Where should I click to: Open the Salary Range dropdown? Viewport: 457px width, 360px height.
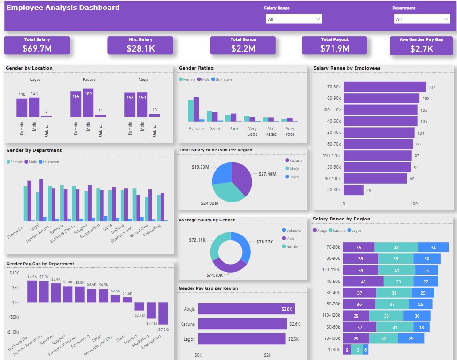[294, 19]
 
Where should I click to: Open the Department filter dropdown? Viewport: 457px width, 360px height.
[422, 19]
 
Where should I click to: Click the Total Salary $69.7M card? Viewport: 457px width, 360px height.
[37, 45]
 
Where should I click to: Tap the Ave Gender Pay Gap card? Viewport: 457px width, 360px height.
[421, 46]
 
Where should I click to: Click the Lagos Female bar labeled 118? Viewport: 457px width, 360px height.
[22, 108]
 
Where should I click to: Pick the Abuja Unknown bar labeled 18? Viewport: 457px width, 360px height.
[155, 115]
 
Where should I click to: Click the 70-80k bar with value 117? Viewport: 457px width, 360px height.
[384, 87]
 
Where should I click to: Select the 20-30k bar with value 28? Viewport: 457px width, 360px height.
[353, 190]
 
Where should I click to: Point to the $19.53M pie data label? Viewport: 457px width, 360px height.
[200, 167]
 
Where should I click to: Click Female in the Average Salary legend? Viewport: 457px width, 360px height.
[292, 246]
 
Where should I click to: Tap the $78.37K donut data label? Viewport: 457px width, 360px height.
[264, 242]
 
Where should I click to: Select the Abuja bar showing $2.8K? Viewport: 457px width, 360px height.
[246, 309]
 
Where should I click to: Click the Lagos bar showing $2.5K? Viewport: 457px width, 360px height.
[241, 339]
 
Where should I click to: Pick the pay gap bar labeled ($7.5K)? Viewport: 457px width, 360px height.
[163, 320]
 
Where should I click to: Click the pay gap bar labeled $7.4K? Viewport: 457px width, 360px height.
[32, 291]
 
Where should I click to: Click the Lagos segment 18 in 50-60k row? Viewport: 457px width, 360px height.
[421, 327]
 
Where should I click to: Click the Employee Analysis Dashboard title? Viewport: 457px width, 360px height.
[63, 8]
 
